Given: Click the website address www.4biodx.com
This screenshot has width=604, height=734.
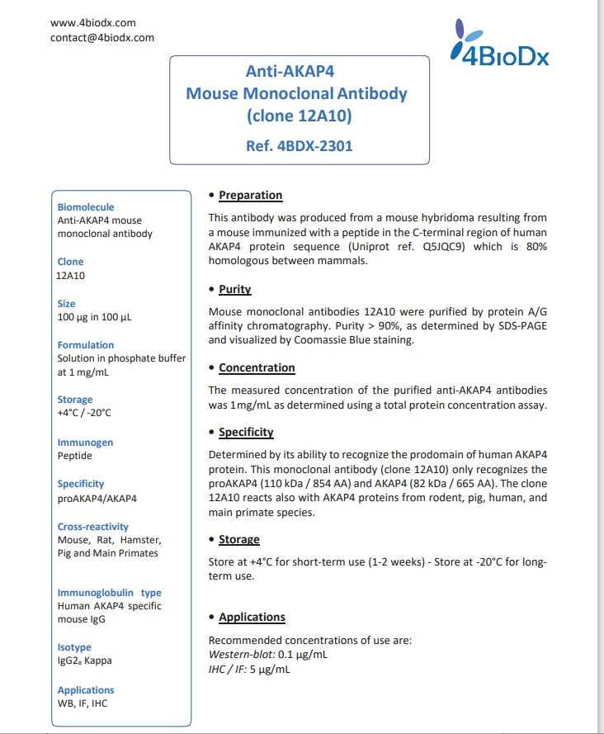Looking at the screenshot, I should [93, 23].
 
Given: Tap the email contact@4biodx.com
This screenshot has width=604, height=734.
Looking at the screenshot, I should [102, 37].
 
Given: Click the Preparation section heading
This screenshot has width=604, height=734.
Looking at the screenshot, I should [250, 196].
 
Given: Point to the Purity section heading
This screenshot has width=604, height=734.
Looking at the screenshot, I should [234, 290].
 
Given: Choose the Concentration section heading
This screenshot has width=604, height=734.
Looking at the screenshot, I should [256, 368].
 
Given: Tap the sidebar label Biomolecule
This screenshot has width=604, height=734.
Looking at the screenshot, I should [86, 207].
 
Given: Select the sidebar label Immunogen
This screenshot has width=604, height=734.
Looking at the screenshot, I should [85, 443].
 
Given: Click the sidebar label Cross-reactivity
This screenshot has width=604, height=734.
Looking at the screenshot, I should [92, 527].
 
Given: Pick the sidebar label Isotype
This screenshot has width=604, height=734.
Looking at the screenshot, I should [74, 647].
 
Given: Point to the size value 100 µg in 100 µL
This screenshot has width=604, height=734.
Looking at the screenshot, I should [94, 317].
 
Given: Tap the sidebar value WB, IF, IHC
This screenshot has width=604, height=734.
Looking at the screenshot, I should [82, 703].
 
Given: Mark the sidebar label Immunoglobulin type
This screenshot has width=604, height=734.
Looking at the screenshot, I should [109, 593].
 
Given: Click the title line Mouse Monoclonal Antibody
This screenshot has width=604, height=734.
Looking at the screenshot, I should [296, 93].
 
